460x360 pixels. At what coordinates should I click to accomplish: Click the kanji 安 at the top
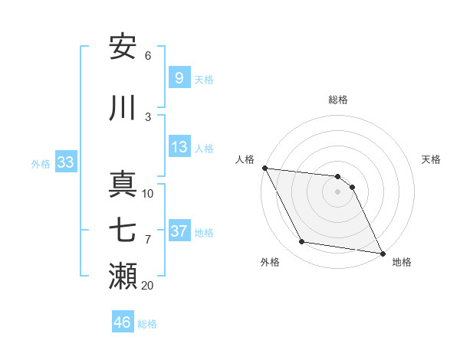point(123,47)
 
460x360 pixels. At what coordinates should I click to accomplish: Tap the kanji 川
point(123,108)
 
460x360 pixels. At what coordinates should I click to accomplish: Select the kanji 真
point(123,184)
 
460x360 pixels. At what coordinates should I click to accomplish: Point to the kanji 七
point(123,230)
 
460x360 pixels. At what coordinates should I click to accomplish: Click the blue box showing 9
point(178,78)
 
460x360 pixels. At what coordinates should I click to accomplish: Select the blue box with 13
point(178,148)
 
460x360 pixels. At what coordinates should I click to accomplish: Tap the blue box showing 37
point(178,231)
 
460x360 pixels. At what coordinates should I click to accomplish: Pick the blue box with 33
point(64,163)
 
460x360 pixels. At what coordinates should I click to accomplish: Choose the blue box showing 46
point(122,322)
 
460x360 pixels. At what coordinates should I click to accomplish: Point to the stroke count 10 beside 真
point(148,193)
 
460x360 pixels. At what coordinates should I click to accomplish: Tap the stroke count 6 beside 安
point(148,56)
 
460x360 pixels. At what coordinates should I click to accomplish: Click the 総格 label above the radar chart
point(338,100)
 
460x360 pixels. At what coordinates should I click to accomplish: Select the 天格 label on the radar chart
point(431,159)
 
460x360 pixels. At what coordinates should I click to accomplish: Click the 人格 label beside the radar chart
point(245,159)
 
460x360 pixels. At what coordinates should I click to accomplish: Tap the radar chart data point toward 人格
point(264,168)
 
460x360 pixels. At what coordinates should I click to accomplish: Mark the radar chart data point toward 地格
point(382,253)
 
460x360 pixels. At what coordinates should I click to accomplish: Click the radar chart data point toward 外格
point(302,242)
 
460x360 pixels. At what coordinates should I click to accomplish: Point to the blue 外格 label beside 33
point(41,164)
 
